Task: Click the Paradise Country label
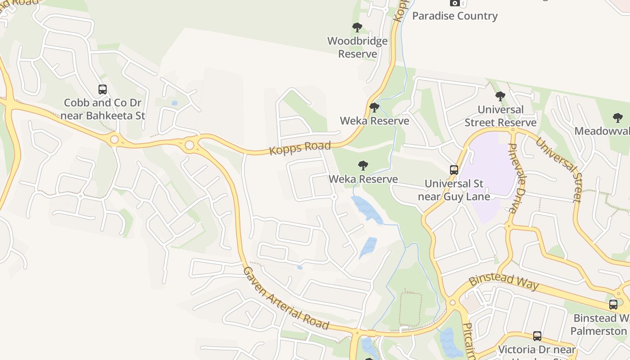pos(454,16)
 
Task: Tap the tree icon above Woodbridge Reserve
pos(357,27)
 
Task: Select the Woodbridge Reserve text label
pos(357,47)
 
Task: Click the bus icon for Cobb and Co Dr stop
pos(103,90)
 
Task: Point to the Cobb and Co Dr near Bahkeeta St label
pos(103,109)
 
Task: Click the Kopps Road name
pos(300,148)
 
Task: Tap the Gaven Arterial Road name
pos(286,298)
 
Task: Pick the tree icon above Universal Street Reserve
pos(500,96)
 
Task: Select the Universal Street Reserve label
pos(500,116)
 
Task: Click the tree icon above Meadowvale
pos(618,118)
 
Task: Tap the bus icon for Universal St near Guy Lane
pos(454,170)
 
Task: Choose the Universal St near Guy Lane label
pos(454,190)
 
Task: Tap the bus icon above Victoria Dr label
pos(537,336)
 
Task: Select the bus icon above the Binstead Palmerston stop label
pos(613,304)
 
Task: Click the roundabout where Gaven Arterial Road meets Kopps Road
pos(189,145)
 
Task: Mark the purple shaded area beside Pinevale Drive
pos(490,180)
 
